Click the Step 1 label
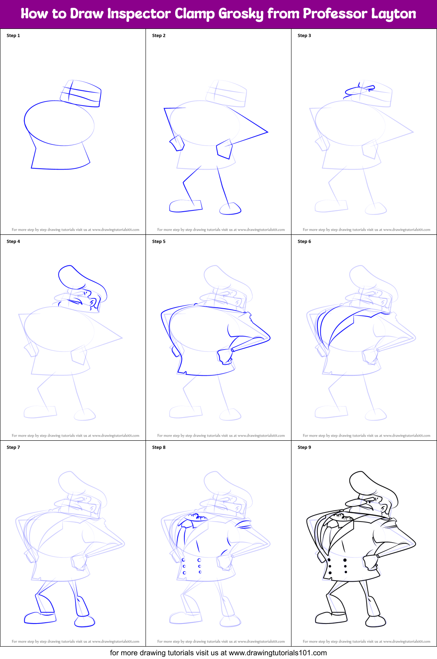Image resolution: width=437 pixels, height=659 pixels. click(x=13, y=35)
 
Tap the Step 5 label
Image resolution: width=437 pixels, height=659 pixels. click(x=159, y=241)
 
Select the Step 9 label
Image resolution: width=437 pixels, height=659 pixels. click(x=304, y=447)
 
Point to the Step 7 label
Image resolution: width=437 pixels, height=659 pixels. click(x=13, y=447)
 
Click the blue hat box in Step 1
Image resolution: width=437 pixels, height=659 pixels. click(x=81, y=93)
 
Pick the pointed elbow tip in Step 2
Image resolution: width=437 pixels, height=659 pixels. click(x=267, y=132)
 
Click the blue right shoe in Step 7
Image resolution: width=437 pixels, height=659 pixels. click(x=85, y=621)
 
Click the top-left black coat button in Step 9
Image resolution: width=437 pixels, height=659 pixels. click(x=329, y=560)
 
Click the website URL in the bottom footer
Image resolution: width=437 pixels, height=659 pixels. click(x=277, y=653)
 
